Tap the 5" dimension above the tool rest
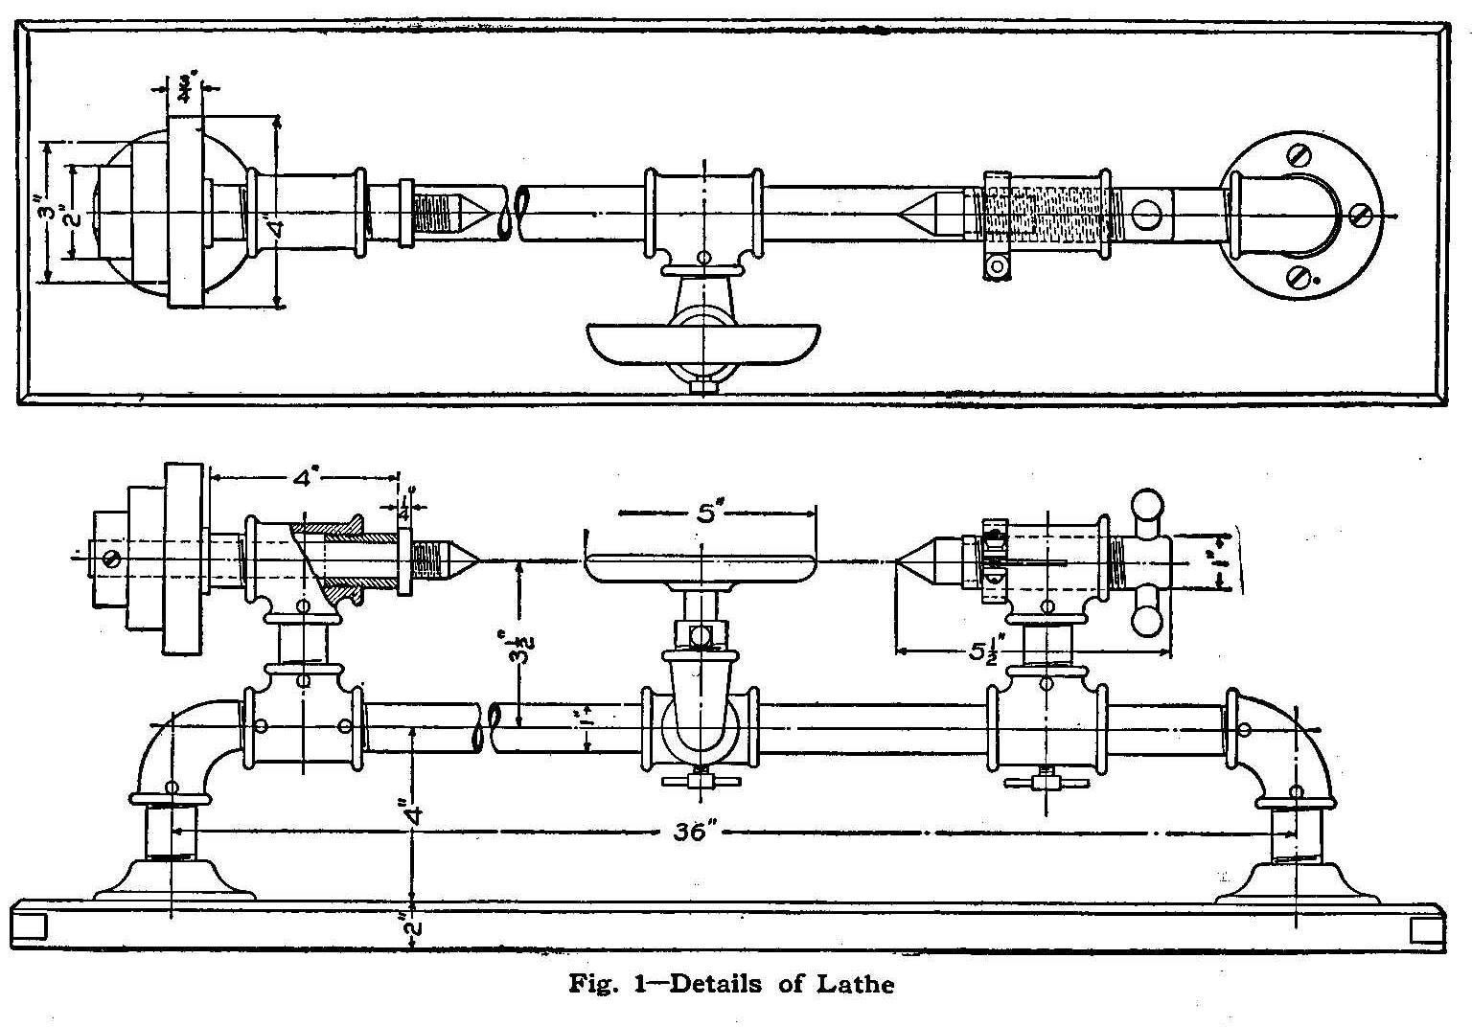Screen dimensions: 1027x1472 706,513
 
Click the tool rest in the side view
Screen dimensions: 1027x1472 700,567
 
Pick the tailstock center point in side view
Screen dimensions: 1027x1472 912,562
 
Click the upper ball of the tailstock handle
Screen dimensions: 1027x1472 1146,504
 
